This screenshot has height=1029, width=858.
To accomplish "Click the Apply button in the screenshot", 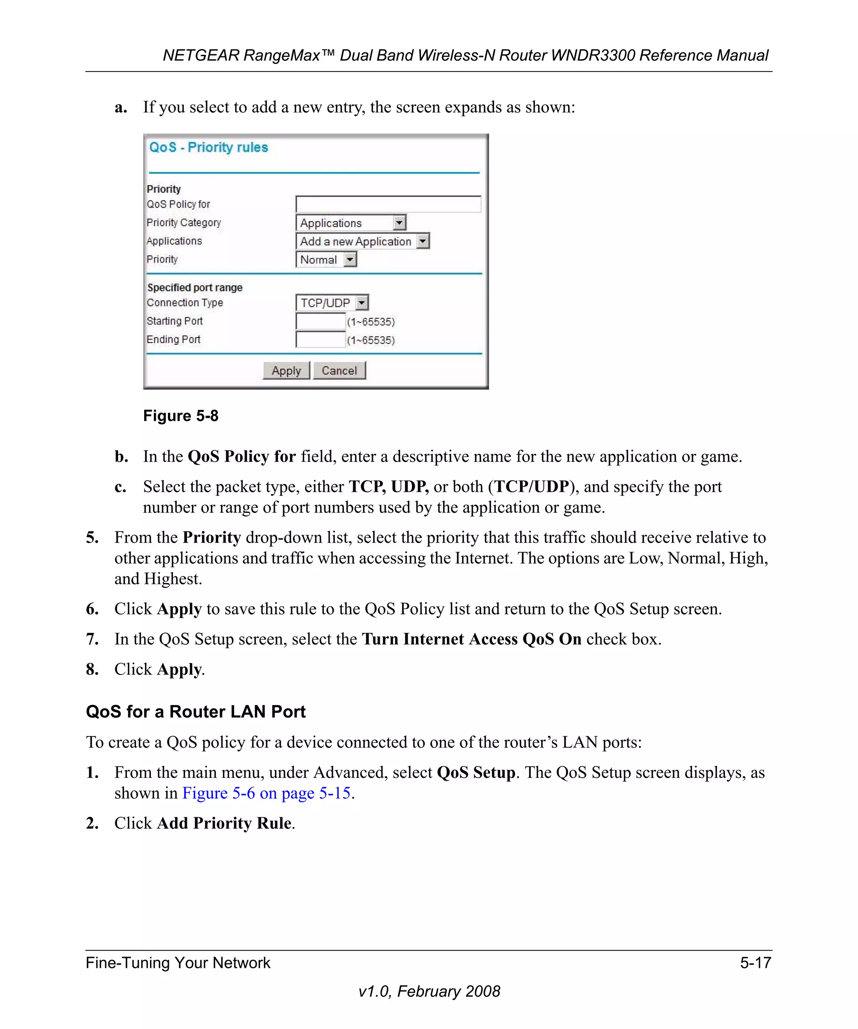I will point(286,370).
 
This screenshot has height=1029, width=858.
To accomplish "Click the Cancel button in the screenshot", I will point(339,370).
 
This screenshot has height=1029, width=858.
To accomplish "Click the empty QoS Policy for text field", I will point(388,204).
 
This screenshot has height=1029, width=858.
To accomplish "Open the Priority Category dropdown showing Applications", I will point(351,223).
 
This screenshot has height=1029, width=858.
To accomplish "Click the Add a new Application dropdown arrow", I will point(423,241).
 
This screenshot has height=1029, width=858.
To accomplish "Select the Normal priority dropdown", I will point(326,260).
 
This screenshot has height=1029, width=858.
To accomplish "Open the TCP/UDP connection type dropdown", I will point(332,303).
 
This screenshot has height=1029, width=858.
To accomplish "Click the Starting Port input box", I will point(320,322).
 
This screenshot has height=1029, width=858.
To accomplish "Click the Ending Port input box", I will point(320,340).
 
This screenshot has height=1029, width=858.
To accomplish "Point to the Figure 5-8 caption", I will point(181,416).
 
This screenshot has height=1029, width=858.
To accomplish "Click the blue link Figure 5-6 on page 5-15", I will point(266,793).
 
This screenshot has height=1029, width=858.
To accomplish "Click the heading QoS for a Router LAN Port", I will point(196,712).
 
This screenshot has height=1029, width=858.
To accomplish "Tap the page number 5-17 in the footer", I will point(755,963).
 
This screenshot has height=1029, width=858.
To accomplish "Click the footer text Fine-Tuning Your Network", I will point(178,963).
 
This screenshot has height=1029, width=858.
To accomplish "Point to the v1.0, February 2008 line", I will point(429,991).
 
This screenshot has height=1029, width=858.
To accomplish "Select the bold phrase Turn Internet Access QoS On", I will point(472,639).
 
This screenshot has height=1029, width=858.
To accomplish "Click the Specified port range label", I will point(195,288).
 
